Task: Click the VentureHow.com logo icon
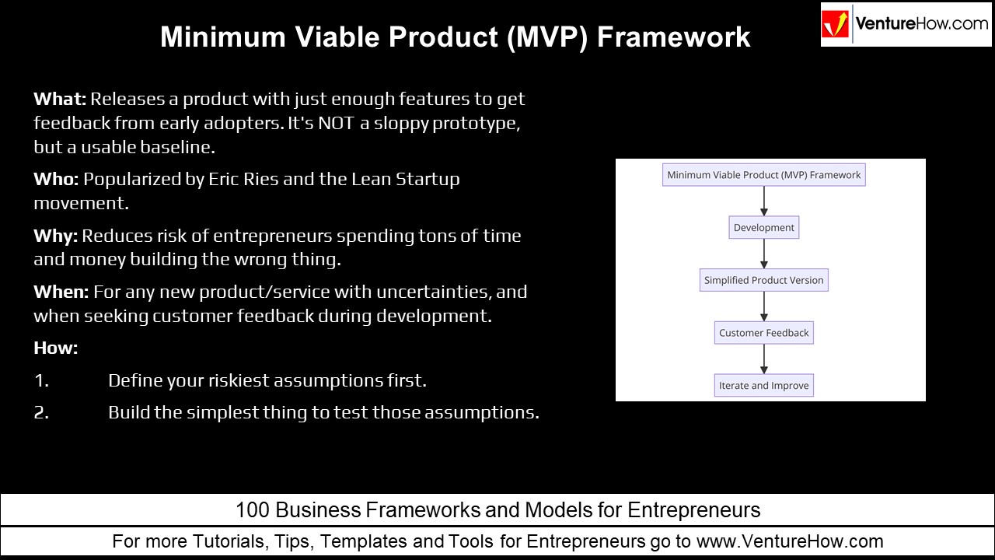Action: click(836, 24)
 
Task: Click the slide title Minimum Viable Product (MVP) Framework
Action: click(455, 37)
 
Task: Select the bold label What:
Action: click(60, 100)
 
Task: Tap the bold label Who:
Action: click(56, 179)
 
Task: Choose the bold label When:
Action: click(61, 292)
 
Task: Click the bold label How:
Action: click(56, 348)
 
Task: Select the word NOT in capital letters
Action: click(337, 123)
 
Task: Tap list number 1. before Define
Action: click(41, 380)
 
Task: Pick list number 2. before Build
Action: click(41, 412)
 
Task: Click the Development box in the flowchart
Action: click(764, 228)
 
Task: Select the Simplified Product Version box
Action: click(764, 280)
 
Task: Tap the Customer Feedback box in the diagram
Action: click(764, 333)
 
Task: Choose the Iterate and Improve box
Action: click(764, 386)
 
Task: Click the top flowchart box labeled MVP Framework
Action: click(764, 175)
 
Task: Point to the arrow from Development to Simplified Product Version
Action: click(764, 254)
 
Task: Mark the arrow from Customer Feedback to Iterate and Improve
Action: click(764, 359)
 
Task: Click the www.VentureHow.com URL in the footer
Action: click(790, 541)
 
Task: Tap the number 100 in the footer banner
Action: click(253, 510)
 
